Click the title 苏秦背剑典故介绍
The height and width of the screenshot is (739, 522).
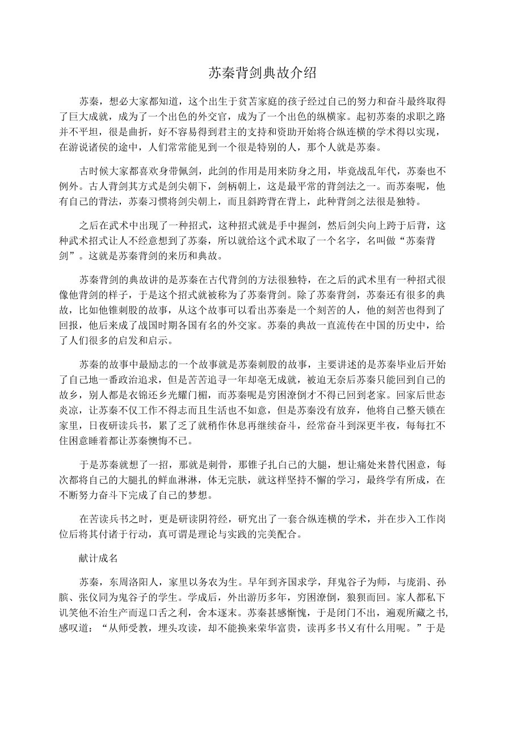261,73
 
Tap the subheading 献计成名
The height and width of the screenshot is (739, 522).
98,558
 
